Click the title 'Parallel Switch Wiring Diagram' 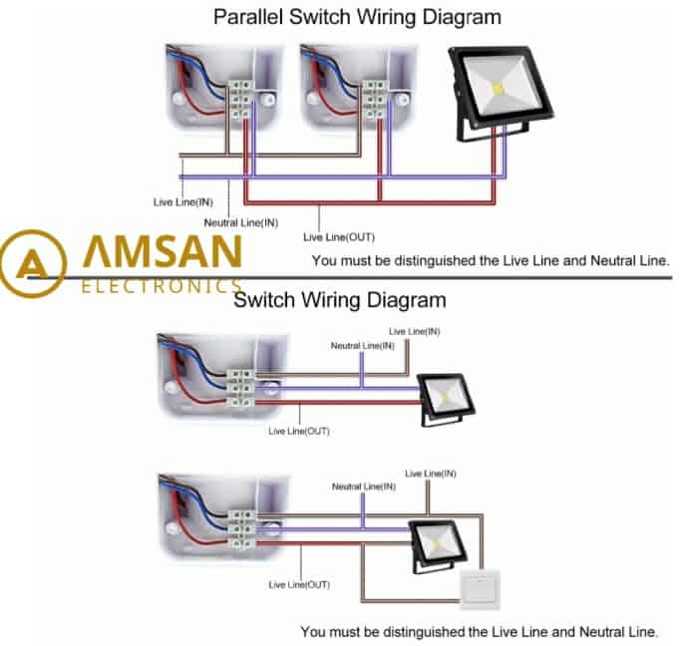357,17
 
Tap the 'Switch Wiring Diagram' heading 340,300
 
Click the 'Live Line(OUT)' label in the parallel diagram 339,237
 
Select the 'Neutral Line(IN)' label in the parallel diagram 241,222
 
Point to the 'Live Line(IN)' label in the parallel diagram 182,202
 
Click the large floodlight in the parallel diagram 501,93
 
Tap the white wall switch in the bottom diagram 481,590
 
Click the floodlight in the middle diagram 445,399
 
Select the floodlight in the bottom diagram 437,545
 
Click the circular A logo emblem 33,263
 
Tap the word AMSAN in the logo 163,251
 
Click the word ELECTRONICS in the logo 162,286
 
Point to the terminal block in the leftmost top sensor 239,100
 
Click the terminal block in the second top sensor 374,100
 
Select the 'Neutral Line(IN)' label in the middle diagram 362,346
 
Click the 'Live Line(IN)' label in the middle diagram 415,331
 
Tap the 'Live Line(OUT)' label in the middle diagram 299,431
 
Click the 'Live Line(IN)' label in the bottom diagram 431,474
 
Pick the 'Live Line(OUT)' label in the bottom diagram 299,584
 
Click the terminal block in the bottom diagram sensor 242,529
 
